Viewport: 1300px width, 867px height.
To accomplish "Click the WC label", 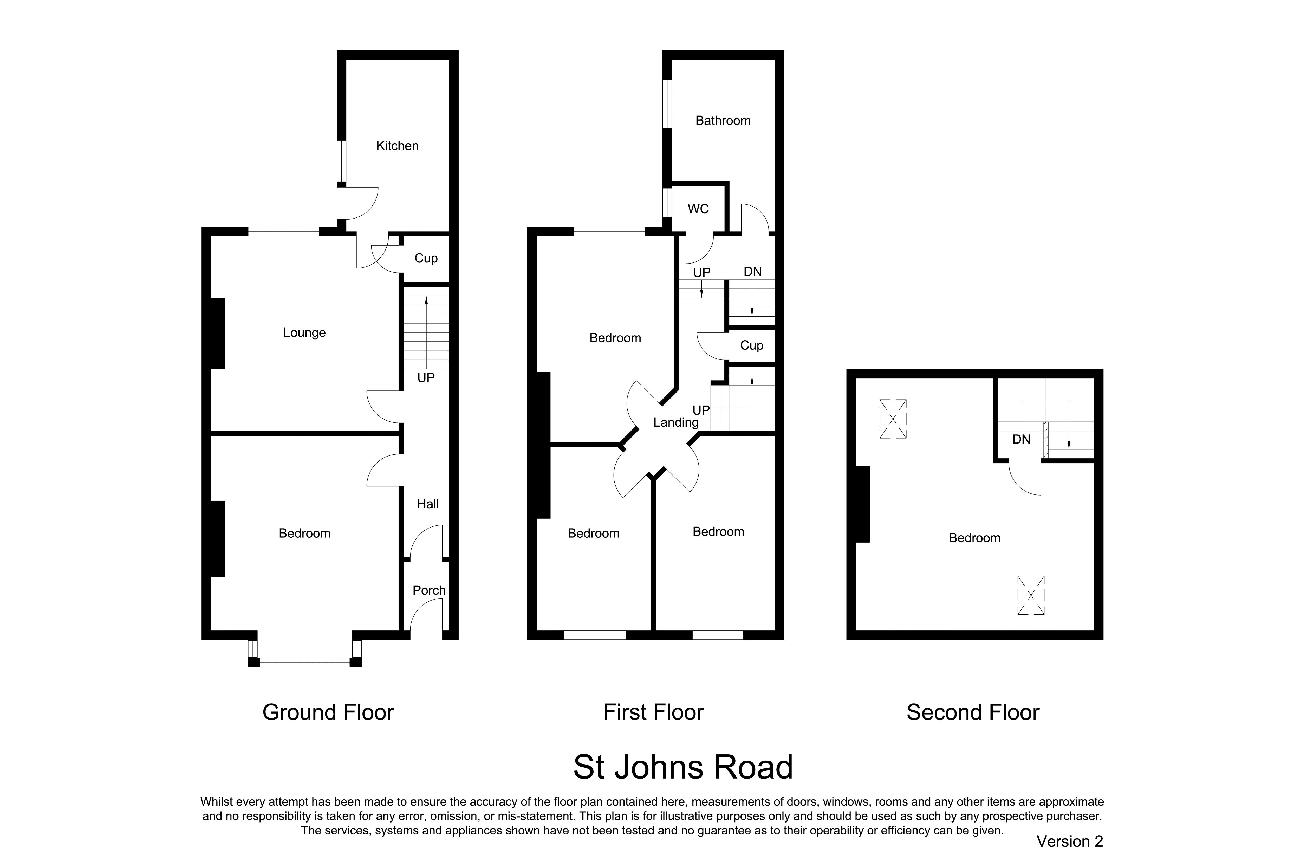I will coord(698,209).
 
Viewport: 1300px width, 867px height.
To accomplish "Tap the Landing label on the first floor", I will coord(675,422).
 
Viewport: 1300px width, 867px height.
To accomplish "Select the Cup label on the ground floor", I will coord(426,258).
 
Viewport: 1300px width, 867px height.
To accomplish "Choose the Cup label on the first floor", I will coord(751,346).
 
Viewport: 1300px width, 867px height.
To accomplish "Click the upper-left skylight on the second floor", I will coord(893,419).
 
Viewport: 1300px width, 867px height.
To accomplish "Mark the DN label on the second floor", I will coord(1021,440).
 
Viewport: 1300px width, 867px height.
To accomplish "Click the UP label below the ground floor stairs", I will coord(426,378).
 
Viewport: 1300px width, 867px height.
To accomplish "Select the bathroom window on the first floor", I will coord(667,104).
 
